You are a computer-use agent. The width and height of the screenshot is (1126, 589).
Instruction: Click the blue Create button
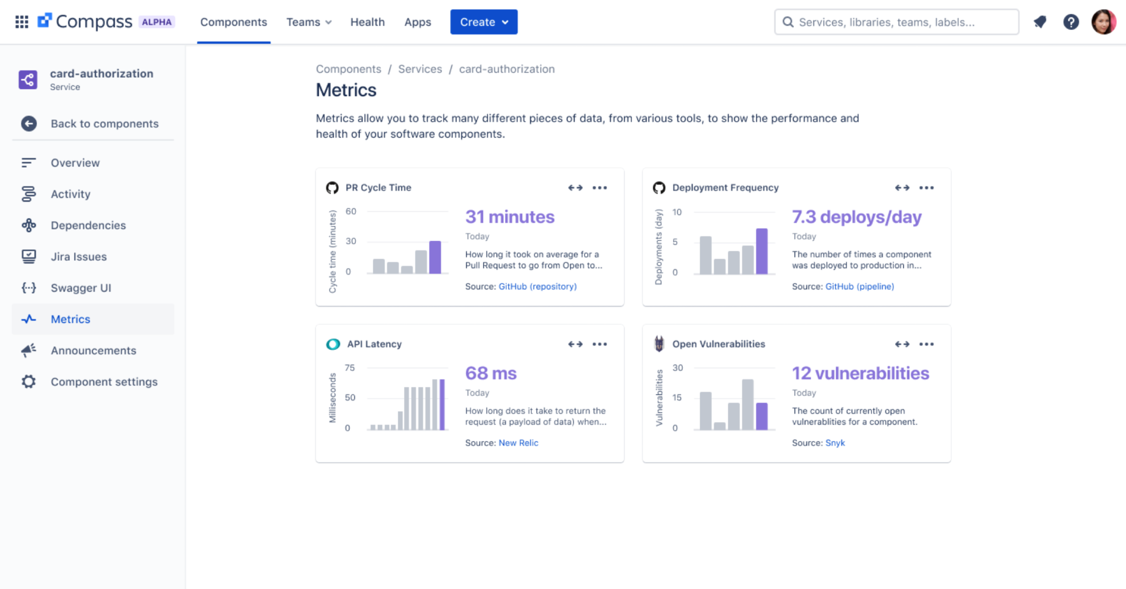tap(483, 22)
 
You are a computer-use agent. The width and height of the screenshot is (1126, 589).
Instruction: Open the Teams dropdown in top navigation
tap(308, 22)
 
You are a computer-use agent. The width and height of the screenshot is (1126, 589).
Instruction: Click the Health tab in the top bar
tap(367, 22)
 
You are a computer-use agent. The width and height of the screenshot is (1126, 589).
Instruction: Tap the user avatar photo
tap(1103, 22)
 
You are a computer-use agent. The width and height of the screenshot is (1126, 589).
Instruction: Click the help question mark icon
tap(1070, 22)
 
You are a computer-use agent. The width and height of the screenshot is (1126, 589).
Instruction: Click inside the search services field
tap(902, 22)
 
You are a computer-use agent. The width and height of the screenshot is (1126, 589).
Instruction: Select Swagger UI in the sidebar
tap(81, 288)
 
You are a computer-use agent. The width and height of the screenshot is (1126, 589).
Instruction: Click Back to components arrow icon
tap(29, 123)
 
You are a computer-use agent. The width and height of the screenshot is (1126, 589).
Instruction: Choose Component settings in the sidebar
tap(104, 382)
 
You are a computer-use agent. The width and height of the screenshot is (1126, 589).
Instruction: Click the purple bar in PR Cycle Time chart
tap(435, 257)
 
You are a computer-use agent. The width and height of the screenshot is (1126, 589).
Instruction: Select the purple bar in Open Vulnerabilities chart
tap(761, 416)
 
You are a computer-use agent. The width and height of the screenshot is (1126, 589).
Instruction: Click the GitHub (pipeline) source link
tap(859, 287)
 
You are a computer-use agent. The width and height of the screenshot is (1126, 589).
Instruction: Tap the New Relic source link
tap(518, 443)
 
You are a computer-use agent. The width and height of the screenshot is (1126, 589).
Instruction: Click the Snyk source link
tap(835, 443)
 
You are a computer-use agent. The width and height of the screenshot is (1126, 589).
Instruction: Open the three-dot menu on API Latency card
tap(599, 344)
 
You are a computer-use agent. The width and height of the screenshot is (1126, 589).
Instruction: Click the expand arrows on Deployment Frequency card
tap(902, 188)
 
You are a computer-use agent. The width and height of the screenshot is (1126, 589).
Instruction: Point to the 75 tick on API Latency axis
tap(350, 368)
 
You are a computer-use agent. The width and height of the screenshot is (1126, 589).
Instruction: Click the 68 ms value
tap(490, 373)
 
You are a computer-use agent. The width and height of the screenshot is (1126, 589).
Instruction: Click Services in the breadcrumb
tap(420, 69)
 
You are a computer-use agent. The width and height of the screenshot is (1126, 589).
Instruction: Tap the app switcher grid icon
tap(21, 22)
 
